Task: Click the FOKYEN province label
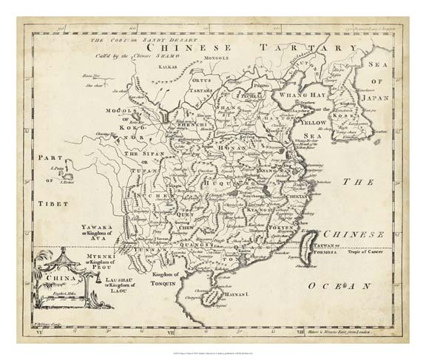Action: (x=280, y=228)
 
